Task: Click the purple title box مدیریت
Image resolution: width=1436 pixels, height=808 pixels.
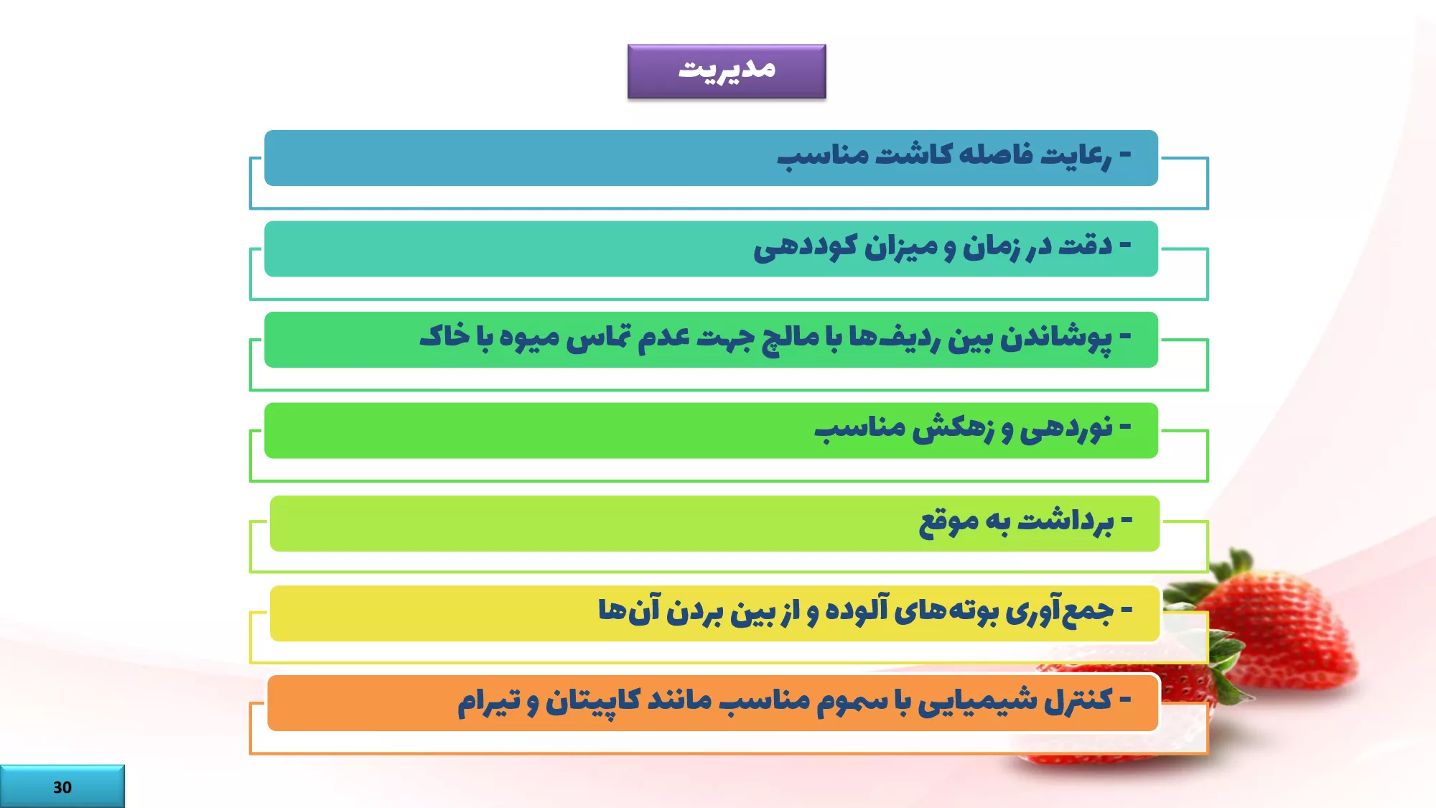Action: pyautogui.click(x=727, y=71)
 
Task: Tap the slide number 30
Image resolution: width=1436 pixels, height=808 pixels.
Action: pyautogui.click(x=62, y=787)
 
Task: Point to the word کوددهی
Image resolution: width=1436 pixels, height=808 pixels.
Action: pyautogui.click(x=805, y=246)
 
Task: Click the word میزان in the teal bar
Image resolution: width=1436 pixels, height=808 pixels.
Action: pyautogui.click(x=901, y=246)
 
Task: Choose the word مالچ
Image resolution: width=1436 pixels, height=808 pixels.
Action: pyautogui.click(x=791, y=338)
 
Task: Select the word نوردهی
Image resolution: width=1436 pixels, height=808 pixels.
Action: pyautogui.click(x=1066, y=429)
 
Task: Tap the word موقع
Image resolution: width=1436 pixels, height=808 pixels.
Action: pyautogui.click(x=948, y=522)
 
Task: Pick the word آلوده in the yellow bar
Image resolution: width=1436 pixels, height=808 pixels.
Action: pyautogui.click(x=857, y=610)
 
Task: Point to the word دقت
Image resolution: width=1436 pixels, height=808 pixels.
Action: pyautogui.click(x=1085, y=245)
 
